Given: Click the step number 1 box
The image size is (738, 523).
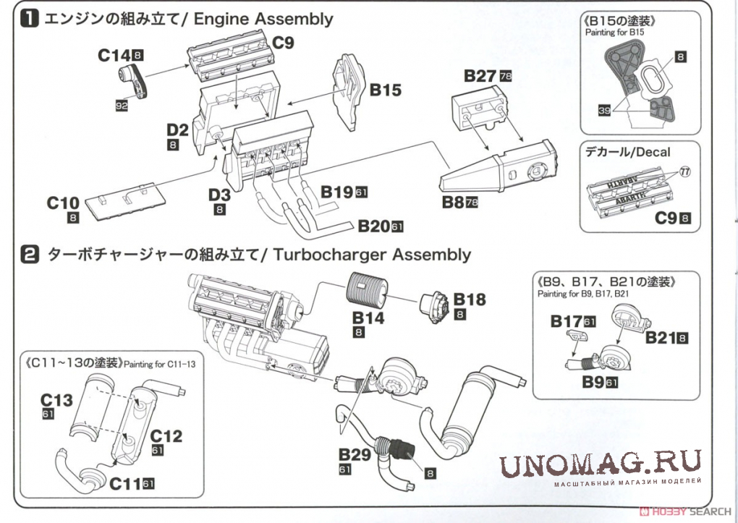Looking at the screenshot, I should click(x=29, y=20).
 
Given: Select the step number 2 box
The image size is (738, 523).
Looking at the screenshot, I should click(x=29, y=255).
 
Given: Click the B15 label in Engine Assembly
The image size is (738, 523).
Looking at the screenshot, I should click(x=386, y=90).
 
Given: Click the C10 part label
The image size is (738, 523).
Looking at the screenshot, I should click(x=62, y=203).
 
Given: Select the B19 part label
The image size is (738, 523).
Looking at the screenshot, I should click(x=337, y=192).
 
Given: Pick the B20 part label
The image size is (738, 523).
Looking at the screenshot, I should click(x=373, y=226).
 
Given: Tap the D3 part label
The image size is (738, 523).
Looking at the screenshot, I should click(x=220, y=195).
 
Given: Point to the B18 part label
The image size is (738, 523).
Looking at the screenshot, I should click(x=470, y=299).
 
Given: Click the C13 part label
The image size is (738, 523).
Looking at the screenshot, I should click(x=56, y=399).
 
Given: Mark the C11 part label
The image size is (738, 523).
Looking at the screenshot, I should click(x=125, y=483).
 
